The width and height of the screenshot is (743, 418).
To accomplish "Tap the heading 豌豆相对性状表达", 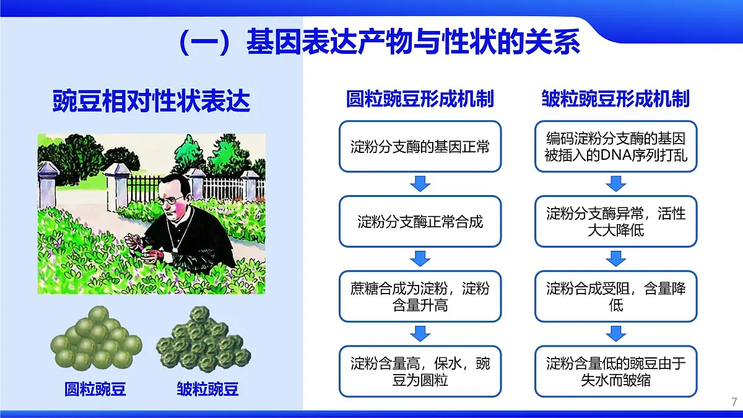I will pyautogui.click(x=151, y=100).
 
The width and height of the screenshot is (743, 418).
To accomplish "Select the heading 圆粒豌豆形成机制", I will pyautogui.click(x=420, y=99).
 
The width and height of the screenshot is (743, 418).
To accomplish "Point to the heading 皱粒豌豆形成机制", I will pyautogui.click(x=615, y=99).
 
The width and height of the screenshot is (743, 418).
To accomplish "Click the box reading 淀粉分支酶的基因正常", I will pyautogui.click(x=420, y=147).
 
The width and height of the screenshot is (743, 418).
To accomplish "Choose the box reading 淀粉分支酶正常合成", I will pyautogui.click(x=420, y=222).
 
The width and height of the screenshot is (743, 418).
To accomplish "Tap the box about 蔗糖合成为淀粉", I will pyautogui.click(x=420, y=297).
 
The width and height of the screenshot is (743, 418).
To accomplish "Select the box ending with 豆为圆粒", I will pyautogui.click(x=420, y=371).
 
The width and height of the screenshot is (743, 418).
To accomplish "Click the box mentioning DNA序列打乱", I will pyautogui.click(x=615, y=147).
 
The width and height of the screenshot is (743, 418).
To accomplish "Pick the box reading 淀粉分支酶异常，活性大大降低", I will pyautogui.click(x=615, y=222).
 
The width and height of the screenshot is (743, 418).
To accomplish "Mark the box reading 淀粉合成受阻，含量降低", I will pyautogui.click(x=615, y=297).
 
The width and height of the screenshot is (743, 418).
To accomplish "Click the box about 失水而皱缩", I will pyautogui.click(x=615, y=371).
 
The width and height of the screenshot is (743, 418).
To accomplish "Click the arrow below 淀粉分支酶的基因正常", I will pyautogui.click(x=420, y=184).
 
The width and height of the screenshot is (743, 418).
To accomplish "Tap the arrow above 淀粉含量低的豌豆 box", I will pyautogui.click(x=615, y=334).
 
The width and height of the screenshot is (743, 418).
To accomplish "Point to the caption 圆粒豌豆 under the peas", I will pyautogui.click(x=95, y=390).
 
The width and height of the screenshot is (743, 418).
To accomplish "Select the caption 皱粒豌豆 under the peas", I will pyautogui.click(x=207, y=390).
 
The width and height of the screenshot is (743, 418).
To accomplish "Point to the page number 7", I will pyautogui.click(x=734, y=401).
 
